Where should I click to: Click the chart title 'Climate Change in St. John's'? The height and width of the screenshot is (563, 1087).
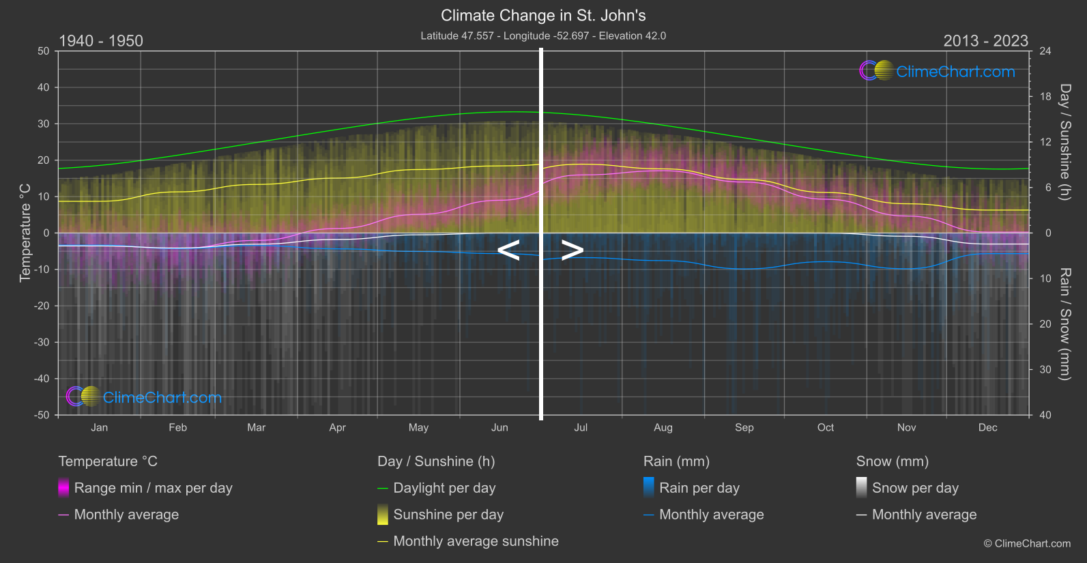click(x=543, y=15)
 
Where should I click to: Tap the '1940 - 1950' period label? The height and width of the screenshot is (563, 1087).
click(x=101, y=41)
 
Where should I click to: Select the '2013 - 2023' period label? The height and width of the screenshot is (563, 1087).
click(x=985, y=41)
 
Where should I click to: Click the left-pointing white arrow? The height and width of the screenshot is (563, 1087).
click(x=508, y=250)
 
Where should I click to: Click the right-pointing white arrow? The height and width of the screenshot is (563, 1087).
click(x=572, y=250)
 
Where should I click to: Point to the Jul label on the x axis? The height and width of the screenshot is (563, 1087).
click(x=581, y=427)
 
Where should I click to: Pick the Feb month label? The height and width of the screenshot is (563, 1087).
click(x=177, y=427)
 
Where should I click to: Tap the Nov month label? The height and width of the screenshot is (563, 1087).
click(x=906, y=427)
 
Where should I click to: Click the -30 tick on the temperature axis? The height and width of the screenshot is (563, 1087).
click(x=42, y=342)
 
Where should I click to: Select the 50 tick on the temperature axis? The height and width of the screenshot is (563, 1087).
click(x=44, y=51)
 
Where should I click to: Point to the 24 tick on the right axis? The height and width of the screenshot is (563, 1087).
click(x=1045, y=51)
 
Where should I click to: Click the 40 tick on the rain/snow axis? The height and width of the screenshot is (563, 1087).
click(x=1045, y=415)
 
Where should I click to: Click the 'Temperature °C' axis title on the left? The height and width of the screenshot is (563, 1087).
click(x=25, y=232)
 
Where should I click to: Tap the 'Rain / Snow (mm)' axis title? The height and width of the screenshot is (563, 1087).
click(x=1064, y=323)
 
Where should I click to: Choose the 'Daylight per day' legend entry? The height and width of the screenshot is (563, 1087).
click(x=444, y=488)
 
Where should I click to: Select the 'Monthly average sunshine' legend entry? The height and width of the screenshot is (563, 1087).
click(x=476, y=541)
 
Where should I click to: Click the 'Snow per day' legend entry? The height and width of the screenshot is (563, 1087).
click(x=915, y=488)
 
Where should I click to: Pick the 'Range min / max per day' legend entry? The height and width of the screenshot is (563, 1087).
click(x=153, y=488)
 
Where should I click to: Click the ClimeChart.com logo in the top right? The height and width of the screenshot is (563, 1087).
click(x=937, y=71)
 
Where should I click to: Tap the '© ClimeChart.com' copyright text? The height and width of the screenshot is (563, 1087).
click(x=1027, y=543)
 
